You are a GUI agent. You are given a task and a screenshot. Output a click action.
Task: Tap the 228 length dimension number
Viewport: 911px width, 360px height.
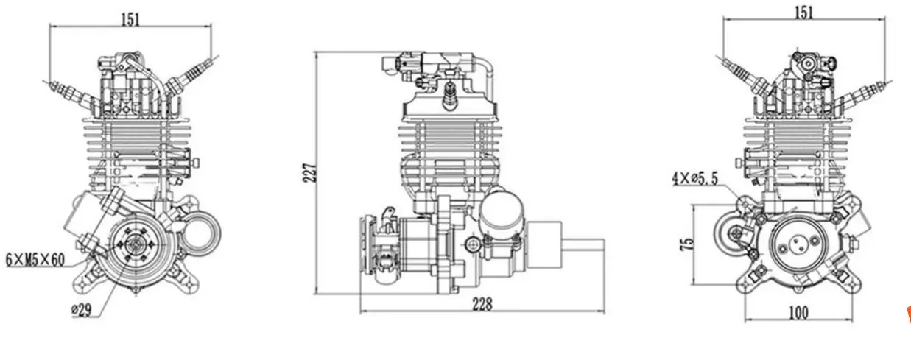[482, 303]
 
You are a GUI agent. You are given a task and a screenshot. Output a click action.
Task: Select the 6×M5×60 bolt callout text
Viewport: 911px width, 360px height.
[36, 259]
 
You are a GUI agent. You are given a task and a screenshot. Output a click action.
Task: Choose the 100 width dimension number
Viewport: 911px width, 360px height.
[798, 312]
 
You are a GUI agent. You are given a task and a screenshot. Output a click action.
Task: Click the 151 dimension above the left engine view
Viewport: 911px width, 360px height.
[130, 19]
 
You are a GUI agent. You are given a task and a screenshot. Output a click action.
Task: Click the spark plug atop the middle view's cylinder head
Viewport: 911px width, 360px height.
[448, 92]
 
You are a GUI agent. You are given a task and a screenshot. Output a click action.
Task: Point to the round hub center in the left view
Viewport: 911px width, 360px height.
[136, 245]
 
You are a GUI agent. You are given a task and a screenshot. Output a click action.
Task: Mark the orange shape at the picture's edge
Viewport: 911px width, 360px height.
[907, 315]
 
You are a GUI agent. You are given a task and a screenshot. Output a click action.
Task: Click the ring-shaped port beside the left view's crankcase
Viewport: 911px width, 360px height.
[204, 230]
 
